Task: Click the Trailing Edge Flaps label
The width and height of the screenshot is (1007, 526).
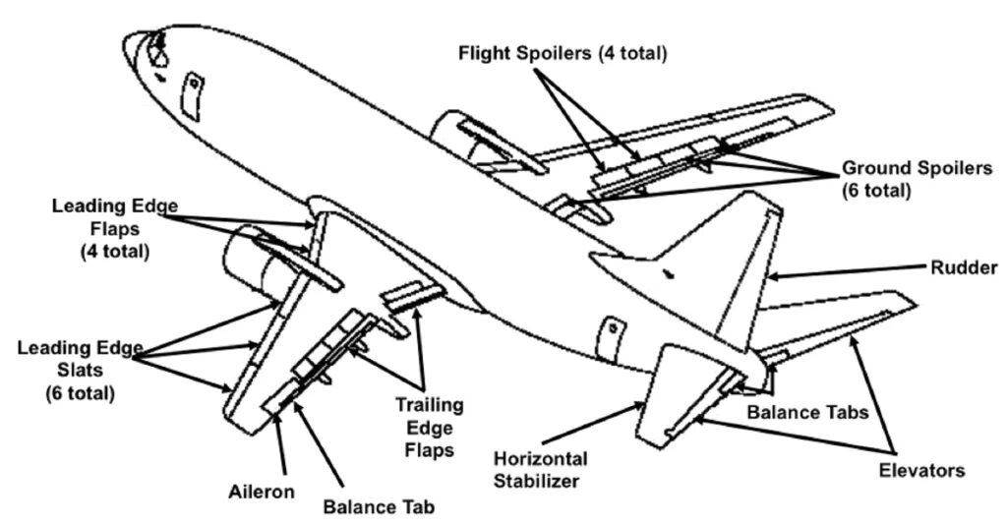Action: coord(431,427)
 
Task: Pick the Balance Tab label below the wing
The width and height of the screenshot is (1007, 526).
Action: coord(379,508)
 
